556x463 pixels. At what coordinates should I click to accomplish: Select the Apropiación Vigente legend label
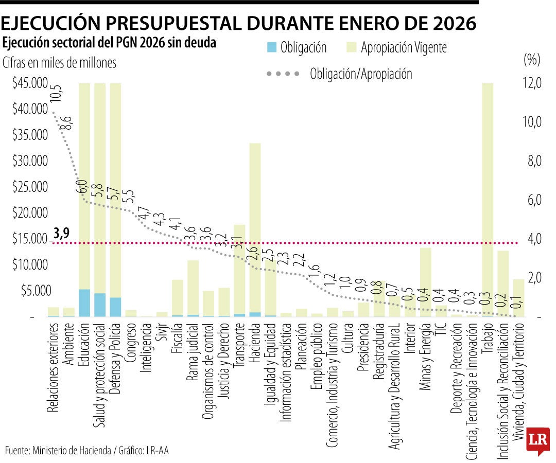pos(404,48)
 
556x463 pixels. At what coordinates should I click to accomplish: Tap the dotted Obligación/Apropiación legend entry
pos(360,74)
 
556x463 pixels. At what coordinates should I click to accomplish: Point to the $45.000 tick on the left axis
pos(30,83)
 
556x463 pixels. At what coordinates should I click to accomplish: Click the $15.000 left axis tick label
pos(30,239)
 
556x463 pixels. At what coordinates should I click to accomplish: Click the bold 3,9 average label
pos(61,234)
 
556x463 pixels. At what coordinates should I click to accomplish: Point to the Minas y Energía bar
pos(425,280)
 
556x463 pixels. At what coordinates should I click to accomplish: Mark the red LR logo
pos(537,440)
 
